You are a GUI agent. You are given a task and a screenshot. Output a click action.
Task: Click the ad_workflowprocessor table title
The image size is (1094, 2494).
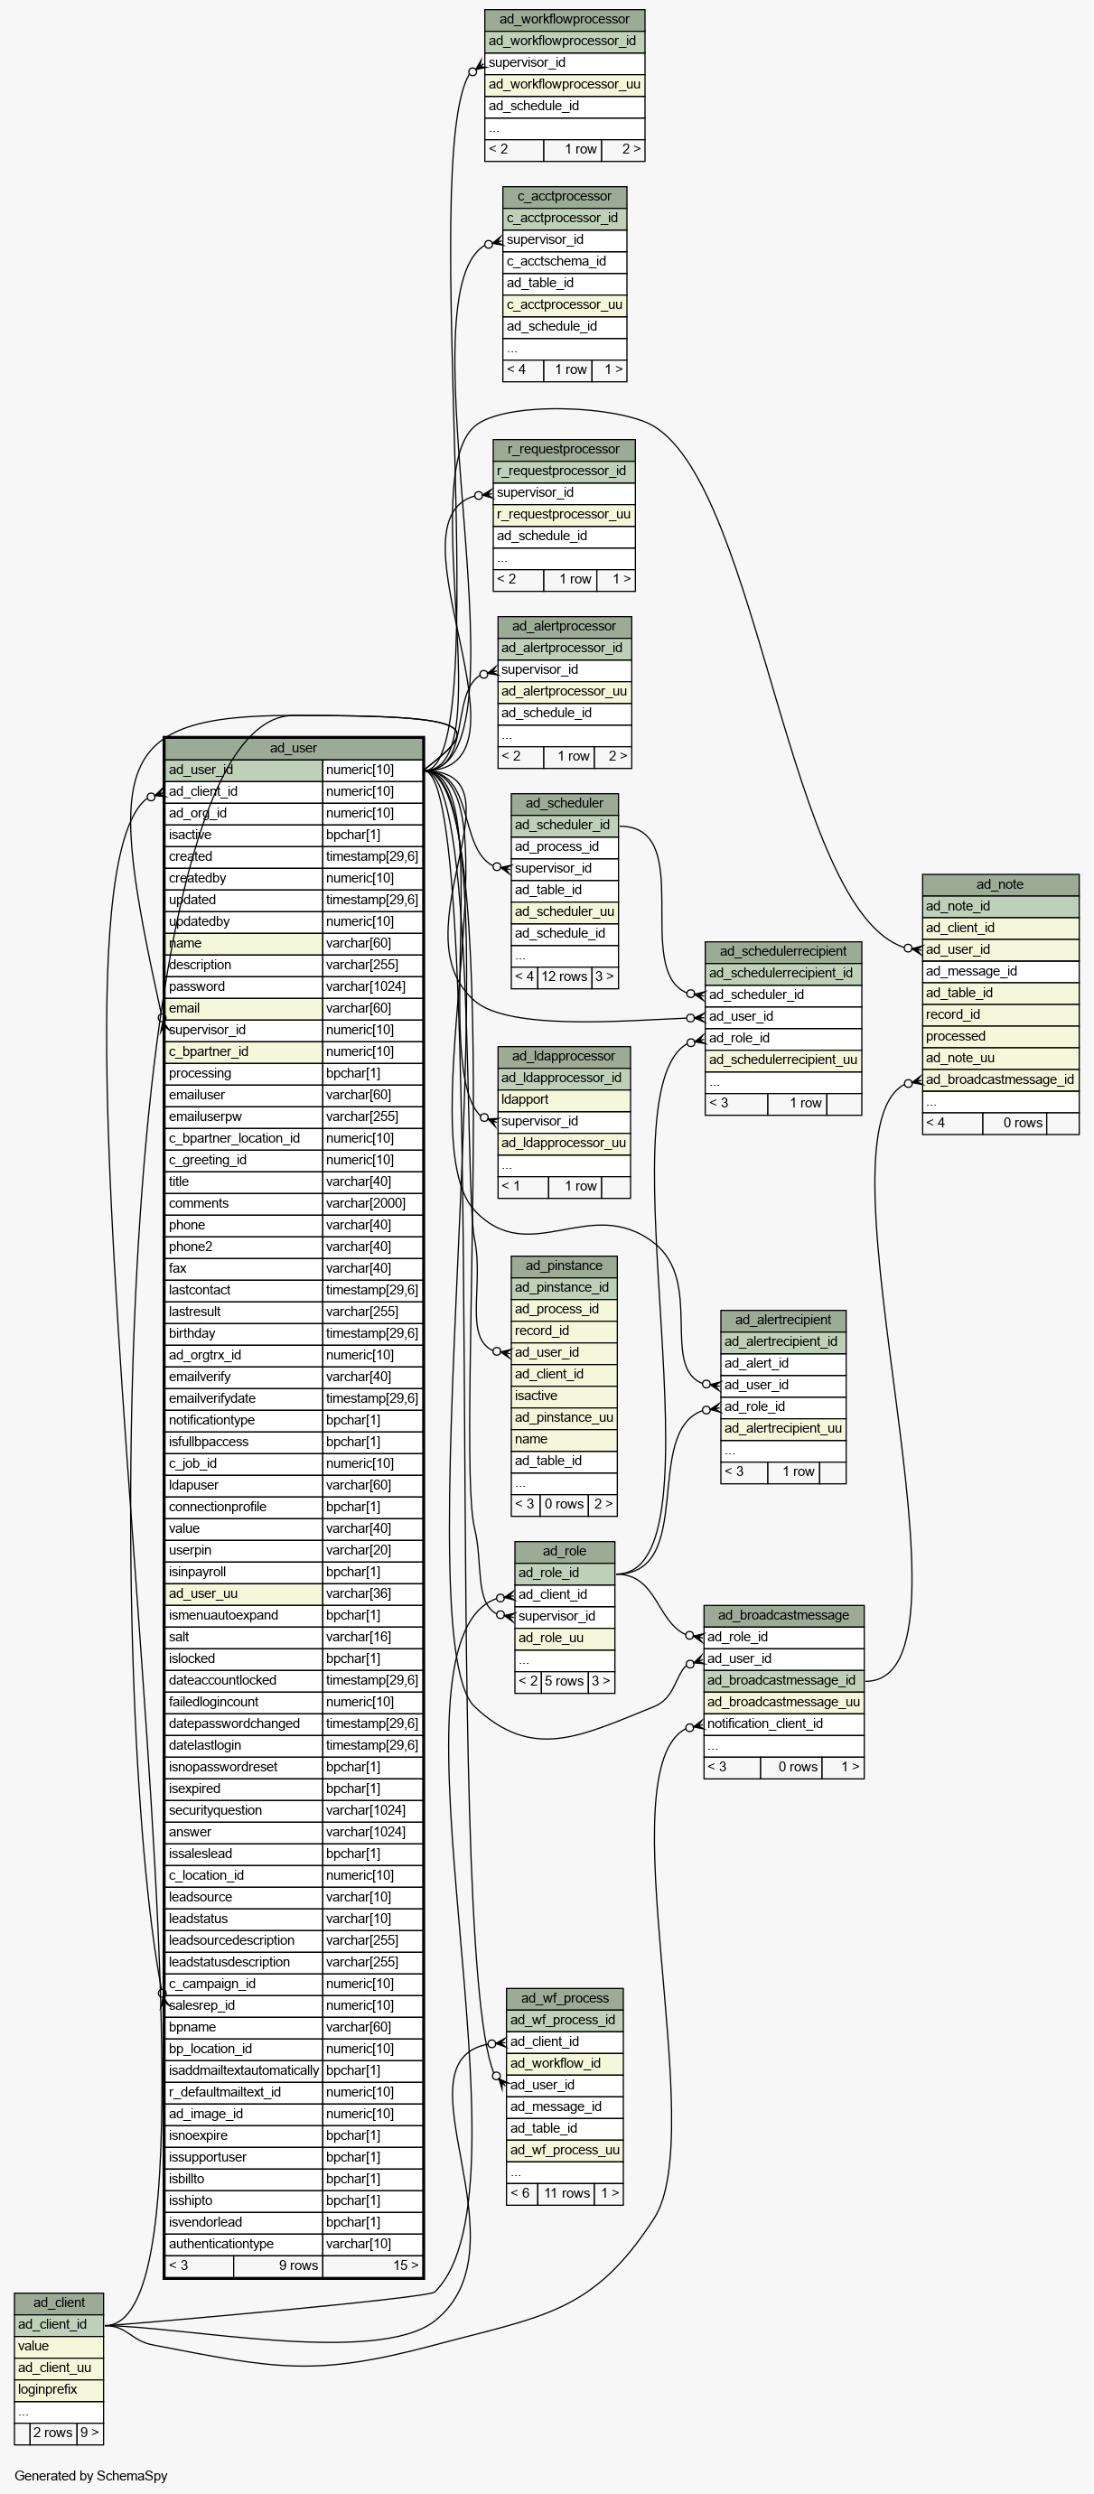pyautogui.click(x=565, y=19)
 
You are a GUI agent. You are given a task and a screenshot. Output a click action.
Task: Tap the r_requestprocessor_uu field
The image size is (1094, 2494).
pyautogui.click(x=565, y=514)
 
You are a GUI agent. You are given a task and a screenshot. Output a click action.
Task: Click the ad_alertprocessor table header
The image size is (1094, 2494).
pyautogui.click(x=565, y=626)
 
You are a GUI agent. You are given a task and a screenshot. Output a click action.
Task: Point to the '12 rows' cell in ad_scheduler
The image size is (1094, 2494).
pyautogui.click(x=565, y=976)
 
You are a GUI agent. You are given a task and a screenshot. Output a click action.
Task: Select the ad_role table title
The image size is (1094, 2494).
pyautogui.click(x=565, y=1551)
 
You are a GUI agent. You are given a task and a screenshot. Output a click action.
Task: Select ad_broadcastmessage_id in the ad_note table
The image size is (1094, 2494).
pyautogui.click(x=1000, y=1079)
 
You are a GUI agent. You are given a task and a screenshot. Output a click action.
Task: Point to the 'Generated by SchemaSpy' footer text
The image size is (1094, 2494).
pyautogui.click(x=91, y=2475)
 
